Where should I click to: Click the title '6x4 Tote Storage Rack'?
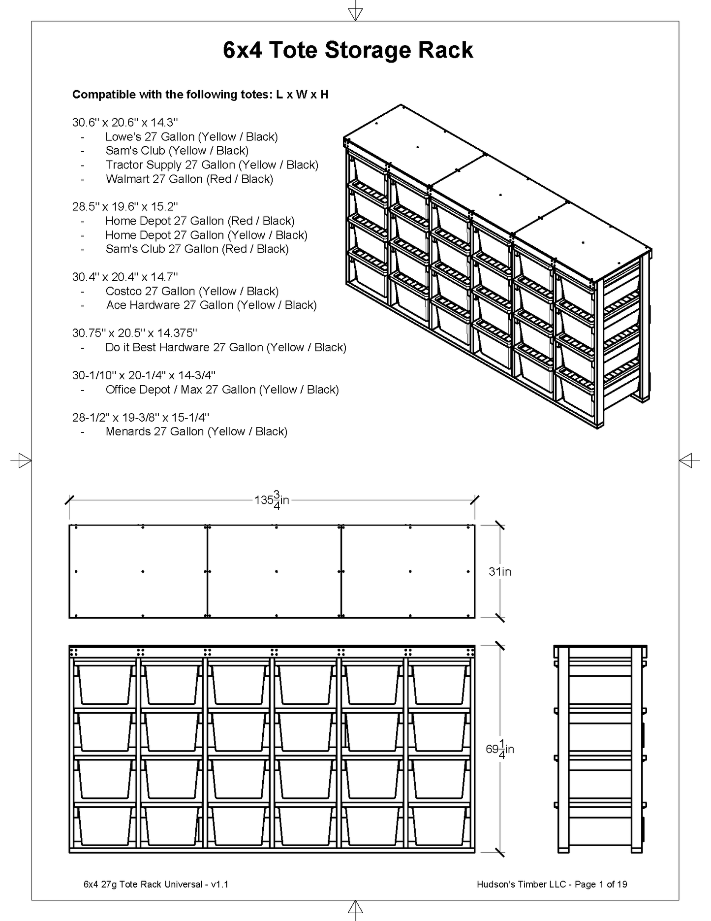pyautogui.click(x=348, y=50)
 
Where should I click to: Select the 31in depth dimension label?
pyautogui.click(x=500, y=571)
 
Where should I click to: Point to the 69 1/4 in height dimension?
pyautogui.click(x=500, y=749)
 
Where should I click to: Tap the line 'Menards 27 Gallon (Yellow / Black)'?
pyautogui.click(x=196, y=431)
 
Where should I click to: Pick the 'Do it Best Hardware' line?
pyautogui.click(x=226, y=347)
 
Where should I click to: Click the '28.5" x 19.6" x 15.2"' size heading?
pyautogui.click(x=125, y=206)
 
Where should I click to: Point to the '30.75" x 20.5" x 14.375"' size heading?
pyautogui.click(x=135, y=333)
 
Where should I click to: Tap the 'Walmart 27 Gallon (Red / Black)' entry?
pyautogui.click(x=189, y=179)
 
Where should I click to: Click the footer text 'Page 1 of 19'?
pyautogui.click(x=601, y=884)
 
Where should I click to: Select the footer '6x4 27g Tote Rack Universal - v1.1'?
pyautogui.click(x=156, y=884)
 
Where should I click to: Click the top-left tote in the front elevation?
pyautogui.click(x=105, y=684)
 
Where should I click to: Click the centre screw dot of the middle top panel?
pyautogui.click(x=277, y=571)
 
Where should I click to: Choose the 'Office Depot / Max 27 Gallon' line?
pyautogui.click(x=222, y=390)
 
